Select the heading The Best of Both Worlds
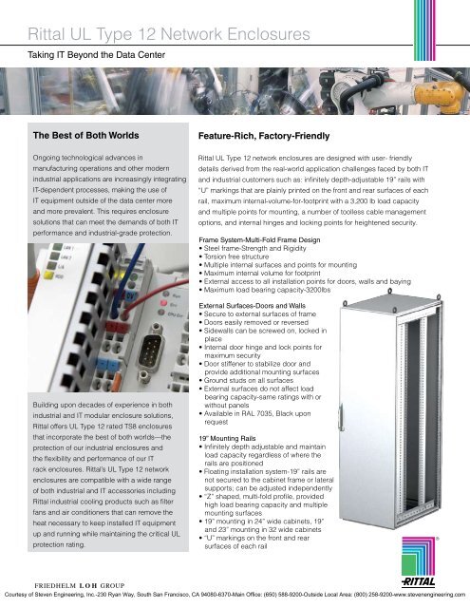click(85, 136)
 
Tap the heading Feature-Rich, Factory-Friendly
click(264, 136)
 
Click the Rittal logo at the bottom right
click(439, 577)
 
